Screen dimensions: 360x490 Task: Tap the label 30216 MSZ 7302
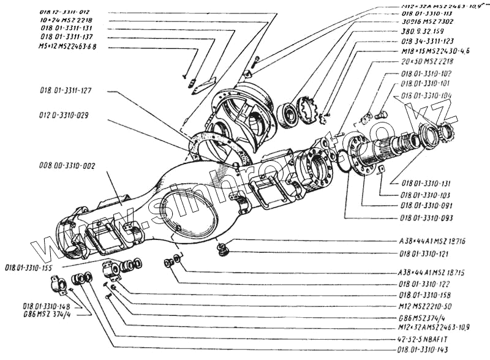pos(422,21)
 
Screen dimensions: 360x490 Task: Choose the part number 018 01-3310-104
pos(427,96)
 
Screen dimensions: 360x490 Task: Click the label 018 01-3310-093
pos(427,217)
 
